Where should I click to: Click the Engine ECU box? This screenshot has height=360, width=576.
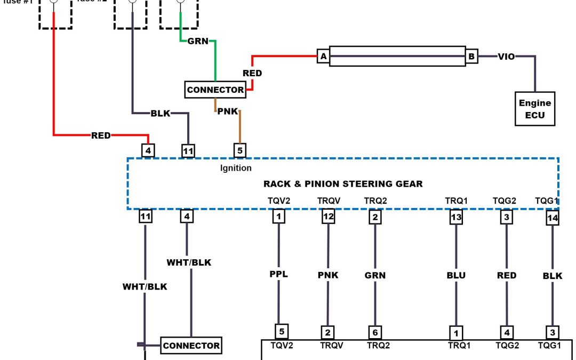(x=534, y=109)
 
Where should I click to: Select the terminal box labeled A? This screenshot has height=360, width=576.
(x=323, y=57)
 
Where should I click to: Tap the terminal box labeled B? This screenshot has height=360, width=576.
(x=471, y=57)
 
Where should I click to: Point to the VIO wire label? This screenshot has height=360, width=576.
(x=506, y=56)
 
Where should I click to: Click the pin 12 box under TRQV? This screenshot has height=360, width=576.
(x=328, y=217)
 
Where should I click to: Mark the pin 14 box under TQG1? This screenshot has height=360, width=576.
(x=553, y=218)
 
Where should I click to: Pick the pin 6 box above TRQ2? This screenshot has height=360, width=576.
(x=375, y=332)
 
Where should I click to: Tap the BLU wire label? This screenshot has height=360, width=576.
(x=456, y=276)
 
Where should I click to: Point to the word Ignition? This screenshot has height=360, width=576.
(x=236, y=168)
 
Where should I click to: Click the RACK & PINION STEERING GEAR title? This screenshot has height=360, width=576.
(x=343, y=184)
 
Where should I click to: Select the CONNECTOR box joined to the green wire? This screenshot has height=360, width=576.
(x=215, y=90)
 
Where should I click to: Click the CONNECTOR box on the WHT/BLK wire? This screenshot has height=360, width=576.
(x=191, y=346)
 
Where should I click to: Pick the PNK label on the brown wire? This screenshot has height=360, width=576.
(x=227, y=111)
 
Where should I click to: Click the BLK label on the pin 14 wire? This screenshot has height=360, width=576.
(x=552, y=276)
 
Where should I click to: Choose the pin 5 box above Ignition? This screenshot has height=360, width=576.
(x=240, y=150)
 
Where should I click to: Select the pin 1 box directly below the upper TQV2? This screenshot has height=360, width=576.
(x=278, y=217)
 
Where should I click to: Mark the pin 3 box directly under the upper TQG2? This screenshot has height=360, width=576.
(x=506, y=217)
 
